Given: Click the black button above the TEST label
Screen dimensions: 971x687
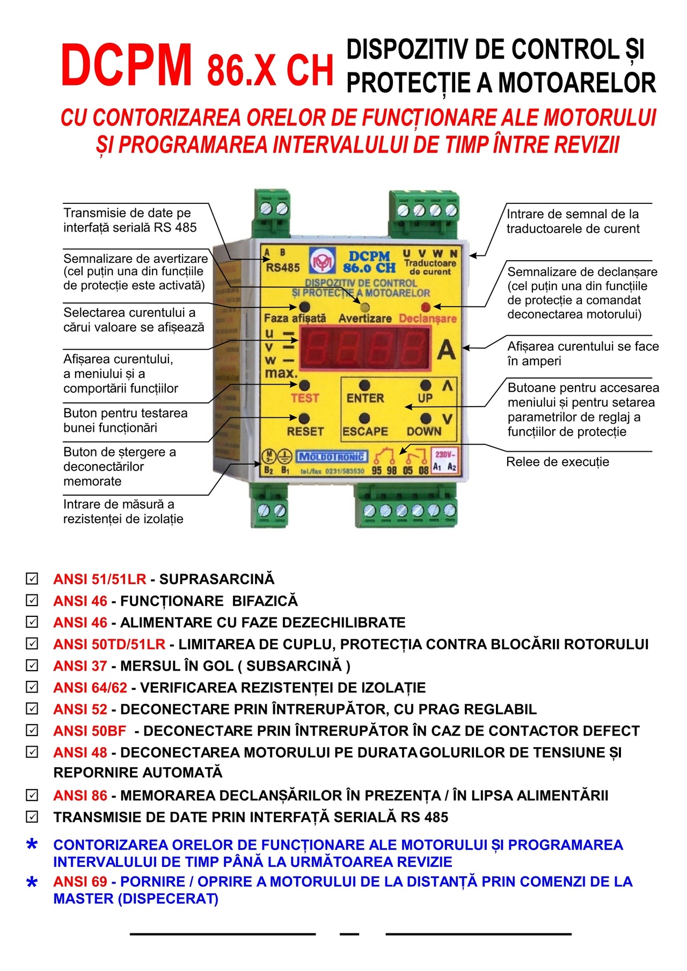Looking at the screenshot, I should (x=305, y=385).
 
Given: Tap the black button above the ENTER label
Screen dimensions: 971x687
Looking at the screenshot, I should (x=364, y=385).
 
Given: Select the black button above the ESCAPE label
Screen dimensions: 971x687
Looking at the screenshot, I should (x=364, y=418).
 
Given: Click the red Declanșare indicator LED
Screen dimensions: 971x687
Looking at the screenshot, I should (x=426, y=307).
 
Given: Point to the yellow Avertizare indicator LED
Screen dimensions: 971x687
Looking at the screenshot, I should (x=364, y=307).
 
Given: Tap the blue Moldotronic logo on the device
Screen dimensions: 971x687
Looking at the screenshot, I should (x=332, y=457).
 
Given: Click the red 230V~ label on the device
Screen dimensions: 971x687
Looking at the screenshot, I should (x=444, y=454).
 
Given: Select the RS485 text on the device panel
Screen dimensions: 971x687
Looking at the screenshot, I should (x=283, y=267).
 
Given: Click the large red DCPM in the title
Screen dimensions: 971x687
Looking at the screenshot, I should (x=127, y=65).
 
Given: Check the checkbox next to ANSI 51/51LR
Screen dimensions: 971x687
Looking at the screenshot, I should (x=32, y=579).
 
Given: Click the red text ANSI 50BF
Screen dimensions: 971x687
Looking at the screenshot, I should (x=90, y=731).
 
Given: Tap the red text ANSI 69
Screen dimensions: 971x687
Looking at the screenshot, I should (x=80, y=881).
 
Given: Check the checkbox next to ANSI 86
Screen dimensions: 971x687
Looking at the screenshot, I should (x=32, y=795).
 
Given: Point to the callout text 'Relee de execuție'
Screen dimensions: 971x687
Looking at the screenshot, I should (x=558, y=462).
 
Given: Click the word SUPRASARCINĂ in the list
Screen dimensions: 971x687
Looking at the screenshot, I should (x=217, y=579).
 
